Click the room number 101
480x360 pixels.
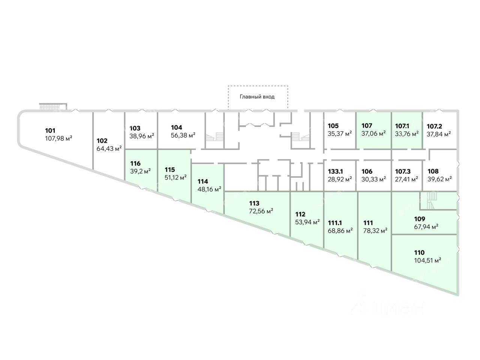[x=50, y=131]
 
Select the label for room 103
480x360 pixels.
[x=135, y=128]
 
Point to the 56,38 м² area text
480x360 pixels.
[x=183, y=135]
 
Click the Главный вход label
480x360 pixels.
[x=257, y=97]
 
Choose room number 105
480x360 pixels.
[x=333, y=126]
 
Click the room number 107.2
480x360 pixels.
[x=435, y=126]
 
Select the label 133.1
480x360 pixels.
[x=335, y=171]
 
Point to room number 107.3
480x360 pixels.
[x=403, y=171]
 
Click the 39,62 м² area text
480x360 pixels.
[x=439, y=179]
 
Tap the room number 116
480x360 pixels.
[x=135, y=163]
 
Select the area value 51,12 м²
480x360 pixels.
[x=176, y=177]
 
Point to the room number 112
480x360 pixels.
[x=300, y=214]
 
